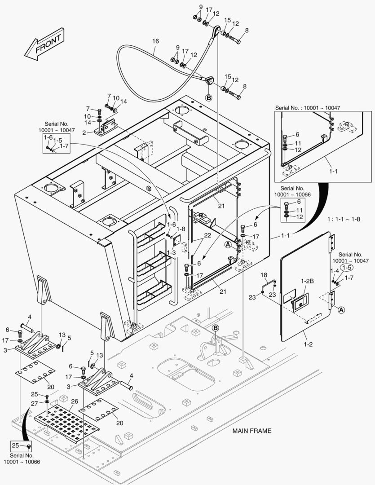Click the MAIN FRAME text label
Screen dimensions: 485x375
coord(251,431)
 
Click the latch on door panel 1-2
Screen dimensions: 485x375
coord(298,303)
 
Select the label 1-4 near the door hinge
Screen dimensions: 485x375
coord(334,271)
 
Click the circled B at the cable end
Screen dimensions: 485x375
coord(209,97)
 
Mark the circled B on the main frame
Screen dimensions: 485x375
coord(215,328)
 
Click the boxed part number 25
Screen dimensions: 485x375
coord(15,445)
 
